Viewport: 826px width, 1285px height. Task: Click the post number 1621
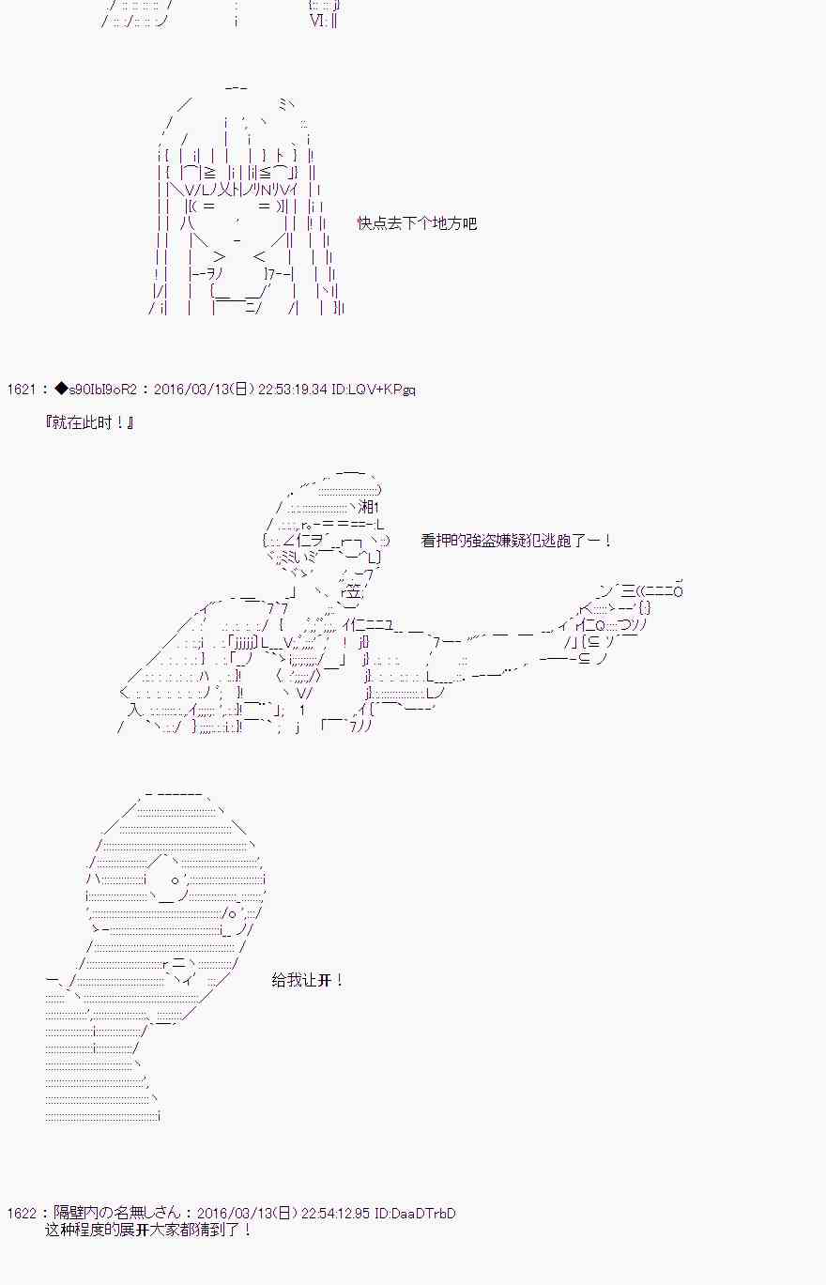tap(21, 390)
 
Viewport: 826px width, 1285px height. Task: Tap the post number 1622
tap(21, 1214)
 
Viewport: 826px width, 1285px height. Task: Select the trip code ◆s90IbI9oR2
tap(96, 390)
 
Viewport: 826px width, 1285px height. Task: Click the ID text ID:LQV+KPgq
tap(374, 390)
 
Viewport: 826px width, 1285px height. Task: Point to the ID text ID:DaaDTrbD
tap(415, 1214)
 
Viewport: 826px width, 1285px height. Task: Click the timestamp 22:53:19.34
tap(292, 390)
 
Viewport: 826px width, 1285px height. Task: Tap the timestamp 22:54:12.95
tap(335, 1214)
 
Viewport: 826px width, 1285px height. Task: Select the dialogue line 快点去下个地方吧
tap(417, 223)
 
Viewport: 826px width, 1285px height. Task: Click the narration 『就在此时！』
tap(90, 422)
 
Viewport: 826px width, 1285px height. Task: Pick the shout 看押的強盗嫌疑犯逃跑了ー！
tap(516, 541)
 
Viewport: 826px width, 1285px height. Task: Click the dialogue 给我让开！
tap(307, 980)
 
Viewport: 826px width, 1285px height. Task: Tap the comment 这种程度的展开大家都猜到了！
tap(148, 1230)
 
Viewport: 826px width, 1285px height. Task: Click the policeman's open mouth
tap(352, 591)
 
